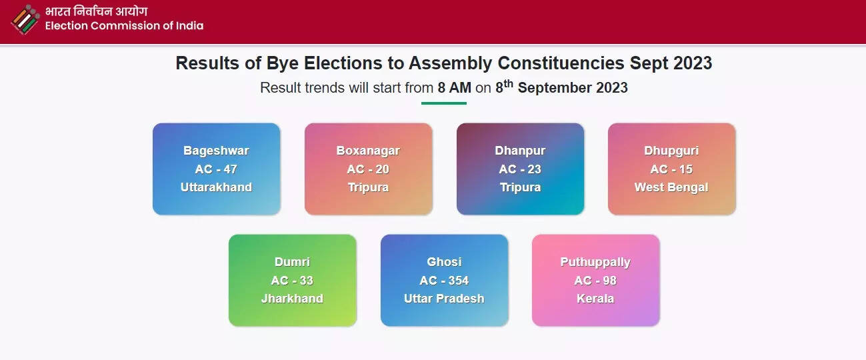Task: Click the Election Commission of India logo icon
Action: coord(25,19)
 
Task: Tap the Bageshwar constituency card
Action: coord(217,169)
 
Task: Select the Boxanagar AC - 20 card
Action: coord(369,169)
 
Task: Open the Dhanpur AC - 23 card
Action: coord(520,169)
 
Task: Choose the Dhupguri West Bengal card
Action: coord(671,169)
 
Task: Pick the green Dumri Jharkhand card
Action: coord(292,281)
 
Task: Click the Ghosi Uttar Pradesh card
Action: coord(444,281)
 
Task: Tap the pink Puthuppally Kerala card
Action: coord(595,281)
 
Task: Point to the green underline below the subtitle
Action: coord(444,103)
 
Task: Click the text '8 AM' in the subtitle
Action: coord(454,88)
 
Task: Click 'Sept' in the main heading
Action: coord(649,64)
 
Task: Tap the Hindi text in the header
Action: coord(96,11)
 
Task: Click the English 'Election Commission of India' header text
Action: coord(124,25)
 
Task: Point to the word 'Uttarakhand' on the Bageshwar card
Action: coord(217,187)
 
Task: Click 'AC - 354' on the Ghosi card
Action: coord(444,281)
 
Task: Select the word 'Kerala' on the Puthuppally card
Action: coord(595,299)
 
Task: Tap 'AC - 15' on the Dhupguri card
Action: coord(671,169)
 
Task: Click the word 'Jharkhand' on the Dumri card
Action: coord(292,299)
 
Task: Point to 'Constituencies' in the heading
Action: coord(561,63)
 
